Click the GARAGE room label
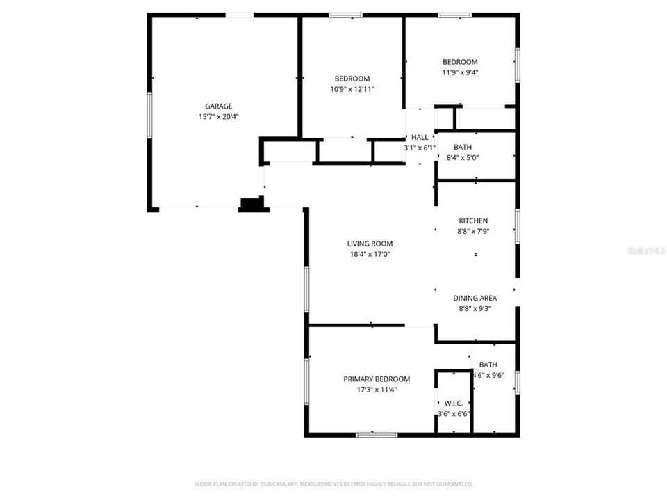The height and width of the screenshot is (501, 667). click(x=219, y=106)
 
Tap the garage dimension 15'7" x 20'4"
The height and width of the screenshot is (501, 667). click(x=219, y=117)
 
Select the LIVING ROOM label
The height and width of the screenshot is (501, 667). click(x=370, y=244)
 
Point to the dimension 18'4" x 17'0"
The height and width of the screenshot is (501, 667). click(x=370, y=255)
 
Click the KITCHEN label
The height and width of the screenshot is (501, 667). click(x=473, y=221)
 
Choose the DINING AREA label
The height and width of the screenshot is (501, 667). click(x=475, y=298)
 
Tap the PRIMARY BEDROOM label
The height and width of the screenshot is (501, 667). click(x=377, y=379)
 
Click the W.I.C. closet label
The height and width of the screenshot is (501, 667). click(x=453, y=403)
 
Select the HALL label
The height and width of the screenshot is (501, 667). click(x=420, y=137)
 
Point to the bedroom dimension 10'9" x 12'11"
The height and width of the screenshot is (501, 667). click(x=352, y=89)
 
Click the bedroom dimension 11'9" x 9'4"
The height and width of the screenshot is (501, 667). click(x=460, y=72)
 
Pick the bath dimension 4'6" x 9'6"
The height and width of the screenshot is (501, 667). click(x=488, y=375)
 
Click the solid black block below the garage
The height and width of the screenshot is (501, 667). click(x=252, y=204)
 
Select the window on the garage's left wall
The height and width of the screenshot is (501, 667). click(x=149, y=115)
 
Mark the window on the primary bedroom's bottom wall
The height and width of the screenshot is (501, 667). click(x=377, y=435)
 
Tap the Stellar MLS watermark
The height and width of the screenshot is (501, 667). click(x=645, y=250)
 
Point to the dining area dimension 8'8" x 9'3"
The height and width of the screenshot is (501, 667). click(x=475, y=309)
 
